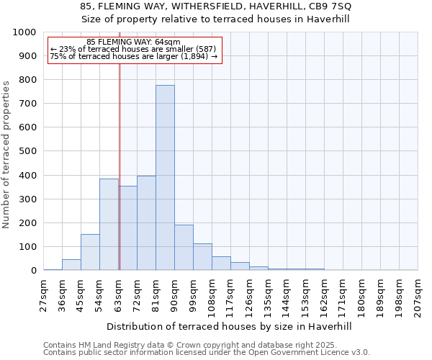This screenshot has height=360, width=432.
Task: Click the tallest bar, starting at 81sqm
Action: click(165, 178)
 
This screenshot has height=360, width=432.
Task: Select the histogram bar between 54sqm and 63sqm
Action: click(109, 225)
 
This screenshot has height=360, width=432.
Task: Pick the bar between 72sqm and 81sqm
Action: click(146, 223)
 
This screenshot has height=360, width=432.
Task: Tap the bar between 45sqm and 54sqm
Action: click(90, 252)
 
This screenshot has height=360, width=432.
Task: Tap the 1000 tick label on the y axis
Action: click(24, 32)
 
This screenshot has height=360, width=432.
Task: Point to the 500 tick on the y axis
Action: click(27, 152)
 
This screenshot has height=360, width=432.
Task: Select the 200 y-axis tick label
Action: click(27, 223)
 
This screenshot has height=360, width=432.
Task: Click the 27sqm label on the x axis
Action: click(44, 295)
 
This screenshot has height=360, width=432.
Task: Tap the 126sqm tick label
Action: click(250, 295)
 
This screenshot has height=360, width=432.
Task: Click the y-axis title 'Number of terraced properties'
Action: click(6, 155)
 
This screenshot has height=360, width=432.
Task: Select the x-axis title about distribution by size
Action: click(233, 326)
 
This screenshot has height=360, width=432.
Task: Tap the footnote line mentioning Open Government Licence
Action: click(206, 352)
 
